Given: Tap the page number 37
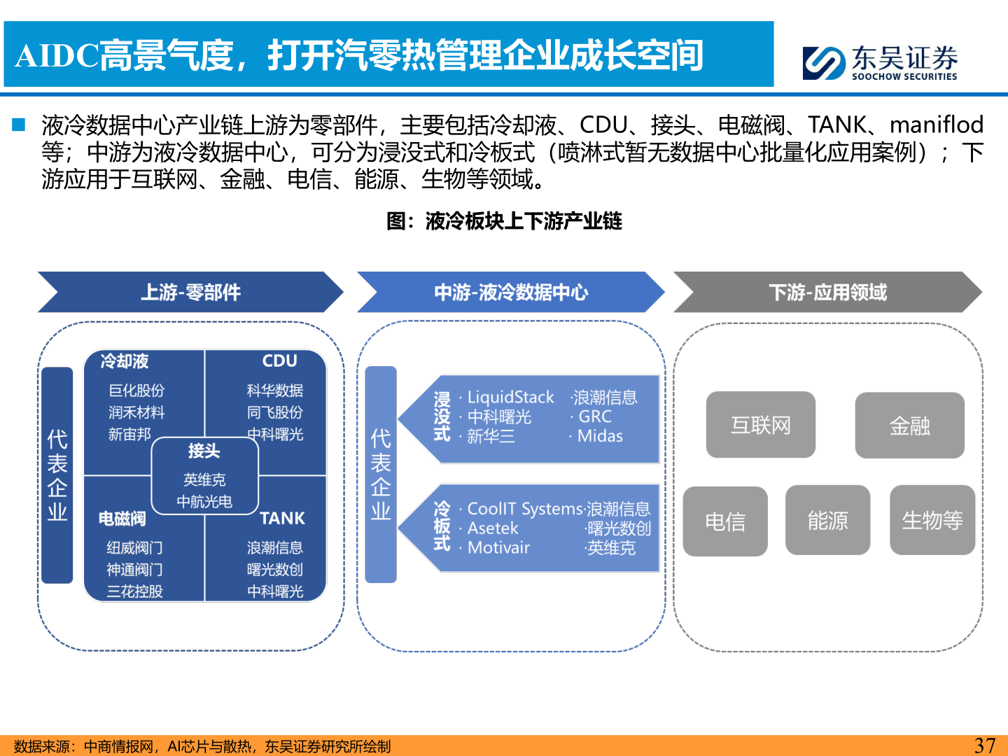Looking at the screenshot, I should pos(984,745).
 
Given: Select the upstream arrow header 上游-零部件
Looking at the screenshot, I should pos(190,292).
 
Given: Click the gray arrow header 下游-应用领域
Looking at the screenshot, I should pos(827,292).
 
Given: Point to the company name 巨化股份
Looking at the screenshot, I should pos(136,391).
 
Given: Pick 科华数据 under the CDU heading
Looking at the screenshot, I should pos(275,391).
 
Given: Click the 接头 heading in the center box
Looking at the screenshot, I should pos(204,451).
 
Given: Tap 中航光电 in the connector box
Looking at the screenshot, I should pos(204,502).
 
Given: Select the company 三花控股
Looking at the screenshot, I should pos(134,591).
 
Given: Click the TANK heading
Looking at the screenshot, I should pos(282,519).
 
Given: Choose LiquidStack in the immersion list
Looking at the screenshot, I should pos(510,398).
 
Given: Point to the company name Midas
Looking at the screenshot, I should pos(600,436).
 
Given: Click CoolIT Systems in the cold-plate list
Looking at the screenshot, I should pos(525,509).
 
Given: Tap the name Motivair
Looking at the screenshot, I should pos(498,547).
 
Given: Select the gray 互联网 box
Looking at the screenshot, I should pos(760,425).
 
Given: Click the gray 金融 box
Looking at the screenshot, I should pos(909,426).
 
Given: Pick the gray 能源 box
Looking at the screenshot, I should pos(827,521).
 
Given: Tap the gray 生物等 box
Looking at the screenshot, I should pos(932,521).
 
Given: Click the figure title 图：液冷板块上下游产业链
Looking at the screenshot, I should pos(504,221).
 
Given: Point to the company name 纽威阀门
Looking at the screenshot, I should pos(134,547).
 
